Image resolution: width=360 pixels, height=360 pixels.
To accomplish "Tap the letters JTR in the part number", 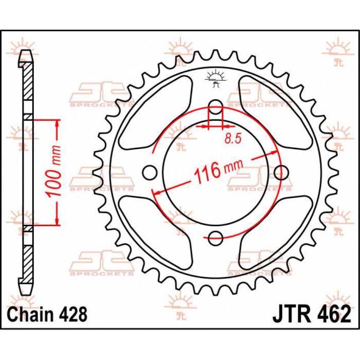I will [x=291, y=313].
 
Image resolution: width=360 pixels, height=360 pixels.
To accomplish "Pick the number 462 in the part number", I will [x=333, y=313].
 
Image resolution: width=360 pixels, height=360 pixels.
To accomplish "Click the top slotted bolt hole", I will [x=216, y=110].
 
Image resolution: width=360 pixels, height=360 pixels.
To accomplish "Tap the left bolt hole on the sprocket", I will [x=149, y=173].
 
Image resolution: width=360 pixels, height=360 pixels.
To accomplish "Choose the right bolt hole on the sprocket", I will [x=282, y=173].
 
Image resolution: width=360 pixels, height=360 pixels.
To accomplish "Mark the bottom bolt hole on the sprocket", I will [x=216, y=238].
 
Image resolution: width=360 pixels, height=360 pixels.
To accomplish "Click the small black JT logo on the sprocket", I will [x=215, y=78].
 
